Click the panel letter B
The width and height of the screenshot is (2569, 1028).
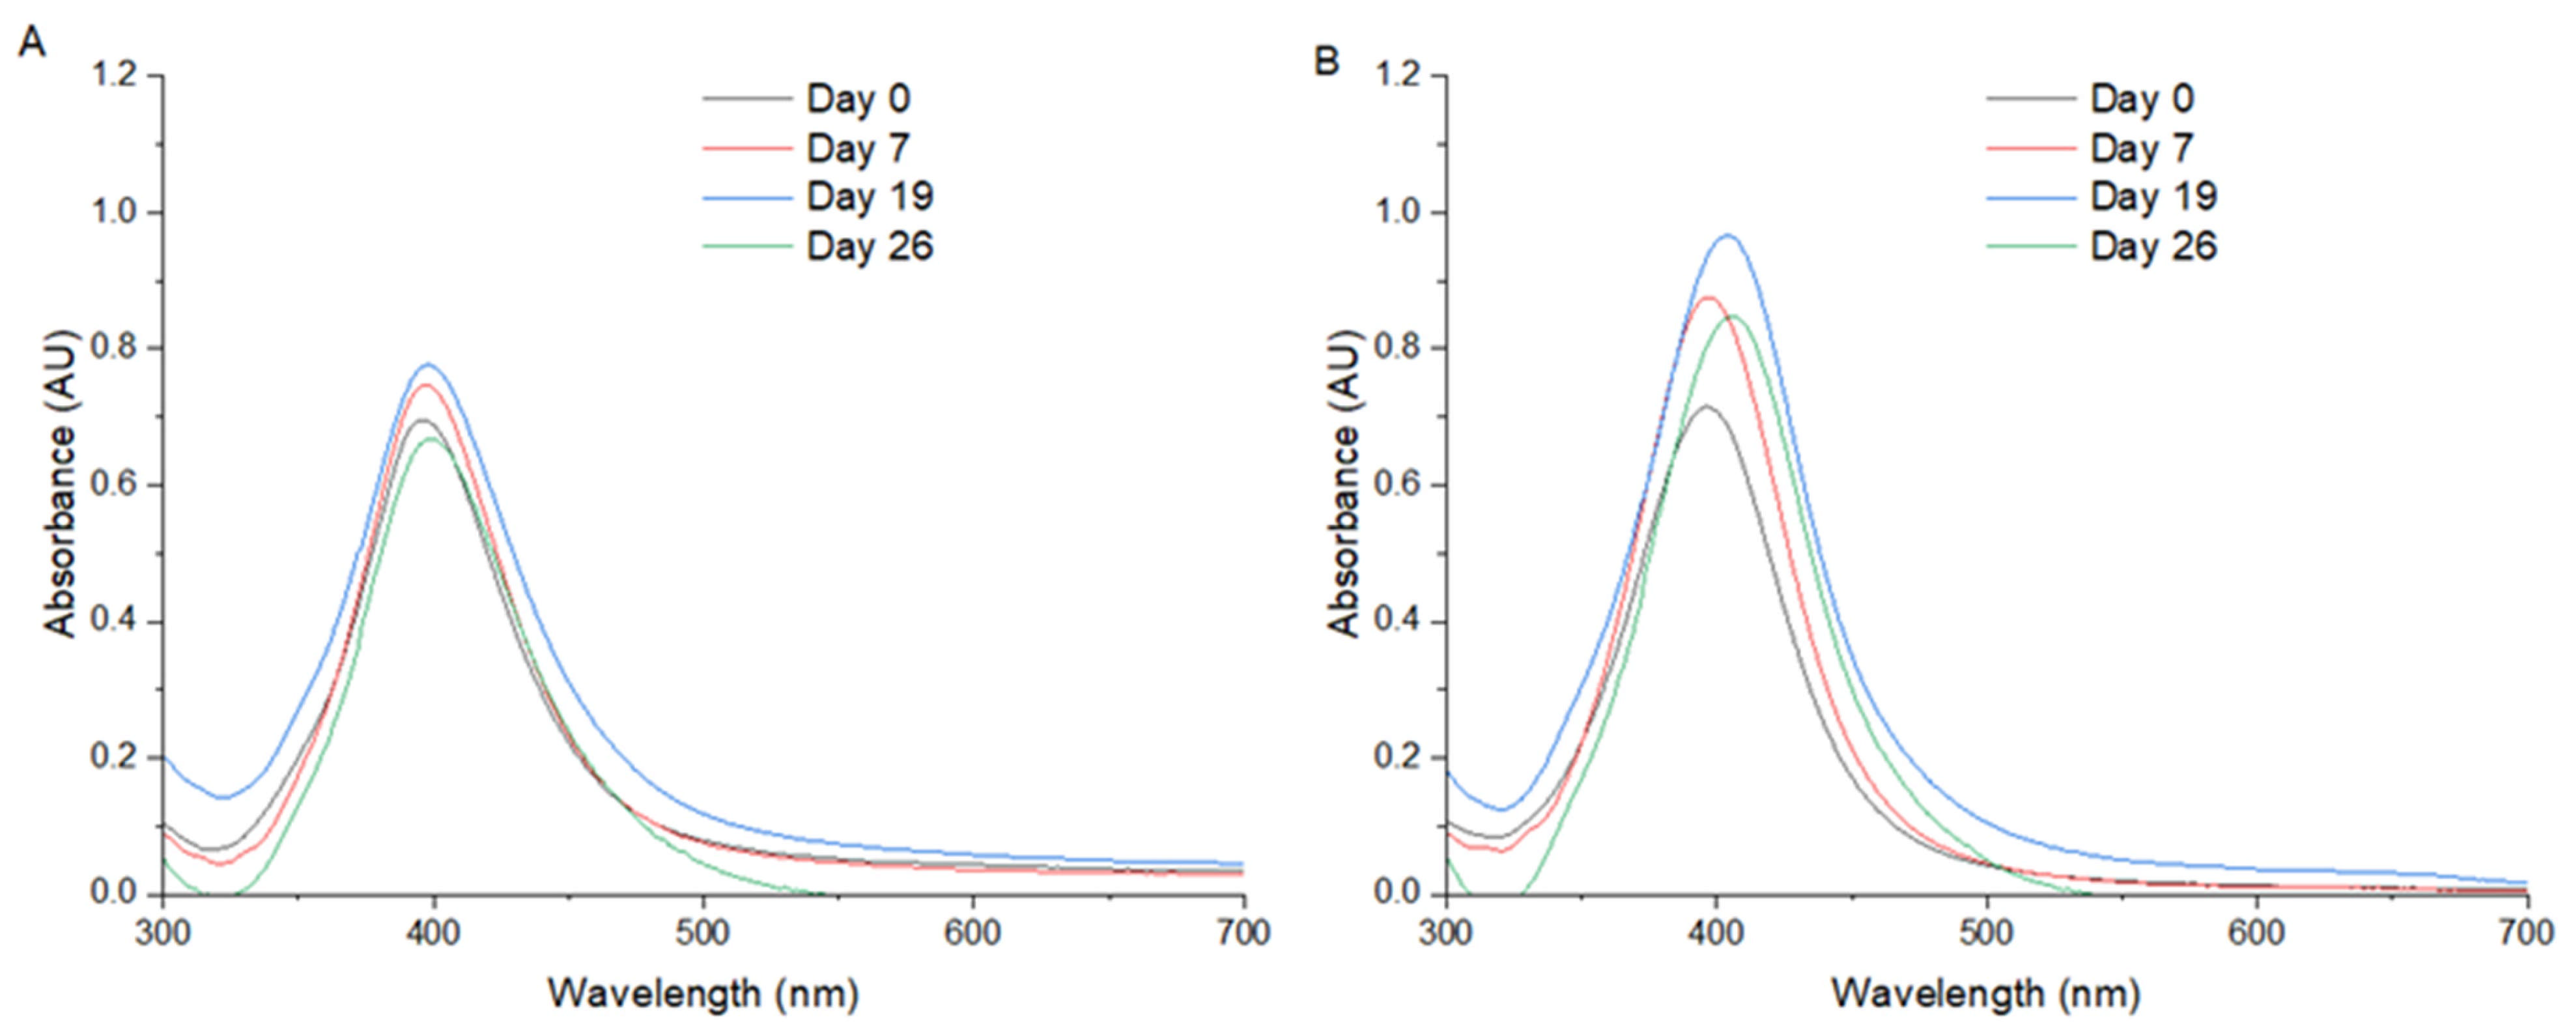(x=1326, y=62)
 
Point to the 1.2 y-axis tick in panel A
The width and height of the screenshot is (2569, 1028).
(x=114, y=76)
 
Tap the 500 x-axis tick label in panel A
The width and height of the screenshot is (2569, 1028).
(x=703, y=934)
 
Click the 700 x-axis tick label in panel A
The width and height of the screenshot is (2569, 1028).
(x=1243, y=934)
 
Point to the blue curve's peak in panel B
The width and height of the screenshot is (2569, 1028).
(x=1727, y=235)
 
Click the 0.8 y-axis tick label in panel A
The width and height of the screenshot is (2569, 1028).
(x=114, y=348)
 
